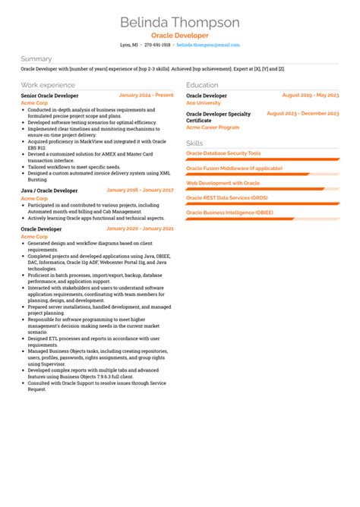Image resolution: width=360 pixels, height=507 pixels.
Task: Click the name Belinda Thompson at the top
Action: click(180, 23)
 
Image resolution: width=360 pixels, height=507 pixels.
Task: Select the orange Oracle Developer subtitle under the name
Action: click(180, 36)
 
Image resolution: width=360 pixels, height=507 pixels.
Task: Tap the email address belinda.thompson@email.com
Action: click(208, 45)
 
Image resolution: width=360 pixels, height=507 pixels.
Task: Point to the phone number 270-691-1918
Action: click(157, 45)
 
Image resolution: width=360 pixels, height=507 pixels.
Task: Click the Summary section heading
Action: click(36, 59)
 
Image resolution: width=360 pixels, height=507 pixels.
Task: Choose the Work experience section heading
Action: click(49, 85)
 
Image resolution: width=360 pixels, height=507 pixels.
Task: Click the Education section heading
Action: click(202, 85)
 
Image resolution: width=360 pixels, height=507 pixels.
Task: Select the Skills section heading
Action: click(194, 143)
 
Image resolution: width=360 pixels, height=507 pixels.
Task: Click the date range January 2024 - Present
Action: click(147, 96)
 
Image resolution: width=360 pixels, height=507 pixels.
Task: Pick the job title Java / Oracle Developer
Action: click(49, 191)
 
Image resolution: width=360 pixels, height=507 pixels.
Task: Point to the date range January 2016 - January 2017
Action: click(141, 190)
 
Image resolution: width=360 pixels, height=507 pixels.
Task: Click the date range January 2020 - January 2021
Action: click(141, 228)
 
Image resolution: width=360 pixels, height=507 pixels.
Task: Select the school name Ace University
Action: click(204, 102)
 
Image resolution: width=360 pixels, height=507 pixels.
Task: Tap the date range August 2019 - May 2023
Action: click(310, 96)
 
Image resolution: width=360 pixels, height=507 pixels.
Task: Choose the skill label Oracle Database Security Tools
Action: click(223, 153)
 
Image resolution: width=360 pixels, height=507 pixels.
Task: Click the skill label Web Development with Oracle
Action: click(223, 183)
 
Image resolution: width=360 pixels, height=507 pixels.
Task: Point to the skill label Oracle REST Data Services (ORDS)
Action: click(227, 198)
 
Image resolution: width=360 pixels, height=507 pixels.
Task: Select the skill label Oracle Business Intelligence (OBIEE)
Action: click(231, 213)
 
